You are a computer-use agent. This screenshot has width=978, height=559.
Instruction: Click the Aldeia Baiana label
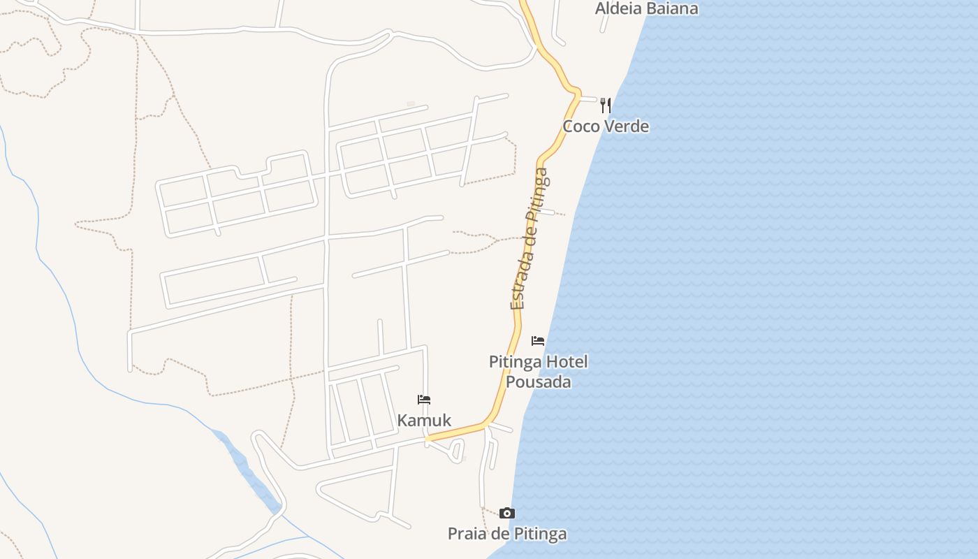coord(646,8)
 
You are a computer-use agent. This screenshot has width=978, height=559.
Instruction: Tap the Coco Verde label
coord(606,126)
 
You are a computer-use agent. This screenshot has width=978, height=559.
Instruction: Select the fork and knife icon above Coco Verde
coord(606,106)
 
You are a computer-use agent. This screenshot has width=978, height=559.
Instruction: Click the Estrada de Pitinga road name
coord(529,238)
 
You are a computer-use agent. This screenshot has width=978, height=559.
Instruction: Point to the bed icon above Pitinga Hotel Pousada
coord(538,341)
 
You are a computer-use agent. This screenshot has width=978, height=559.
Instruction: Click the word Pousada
coord(538,382)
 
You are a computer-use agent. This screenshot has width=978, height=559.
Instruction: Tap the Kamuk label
coord(424,421)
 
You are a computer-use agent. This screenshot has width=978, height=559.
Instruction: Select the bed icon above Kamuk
coord(424,400)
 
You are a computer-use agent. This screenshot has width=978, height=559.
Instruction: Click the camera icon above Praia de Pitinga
coord(507,514)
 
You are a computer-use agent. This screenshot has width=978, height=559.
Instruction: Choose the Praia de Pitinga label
coord(507,535)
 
